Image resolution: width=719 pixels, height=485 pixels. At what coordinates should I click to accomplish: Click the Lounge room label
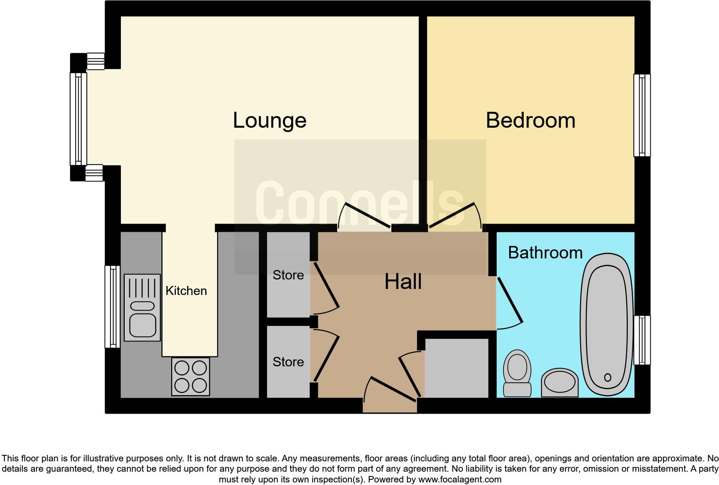(270, 120)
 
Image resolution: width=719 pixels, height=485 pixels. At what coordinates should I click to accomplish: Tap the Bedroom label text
(530, 120)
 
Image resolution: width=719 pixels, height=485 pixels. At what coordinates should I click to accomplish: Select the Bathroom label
(545, 253)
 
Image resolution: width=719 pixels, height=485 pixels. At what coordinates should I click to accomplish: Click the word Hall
(403, 282)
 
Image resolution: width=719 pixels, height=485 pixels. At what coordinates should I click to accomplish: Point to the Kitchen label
(186, 291)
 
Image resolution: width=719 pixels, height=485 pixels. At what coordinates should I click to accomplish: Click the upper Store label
(288, 275)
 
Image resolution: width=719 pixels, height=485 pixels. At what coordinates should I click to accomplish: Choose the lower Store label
(288, 362)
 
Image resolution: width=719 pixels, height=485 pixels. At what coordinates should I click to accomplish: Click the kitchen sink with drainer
(142, 307)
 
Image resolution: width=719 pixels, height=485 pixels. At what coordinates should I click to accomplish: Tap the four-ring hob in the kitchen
(191, 376)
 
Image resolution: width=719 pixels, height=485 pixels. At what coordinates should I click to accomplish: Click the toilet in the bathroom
(517, 372)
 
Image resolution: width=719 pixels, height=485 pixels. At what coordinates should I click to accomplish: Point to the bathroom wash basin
(559, 382)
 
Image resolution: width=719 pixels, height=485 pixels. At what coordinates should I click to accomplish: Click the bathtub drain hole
(607, 378)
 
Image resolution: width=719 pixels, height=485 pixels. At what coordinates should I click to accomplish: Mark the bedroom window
(642, 115)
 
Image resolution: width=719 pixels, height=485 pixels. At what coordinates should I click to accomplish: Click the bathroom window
(642, 340)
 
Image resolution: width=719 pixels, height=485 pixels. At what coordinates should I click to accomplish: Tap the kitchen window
(113, 306)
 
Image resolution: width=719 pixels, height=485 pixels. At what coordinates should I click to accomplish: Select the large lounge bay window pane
(78, 119)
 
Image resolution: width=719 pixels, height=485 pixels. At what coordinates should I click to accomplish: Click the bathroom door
(510, 300)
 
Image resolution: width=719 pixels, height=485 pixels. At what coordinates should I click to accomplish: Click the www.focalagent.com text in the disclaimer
(459, 479)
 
